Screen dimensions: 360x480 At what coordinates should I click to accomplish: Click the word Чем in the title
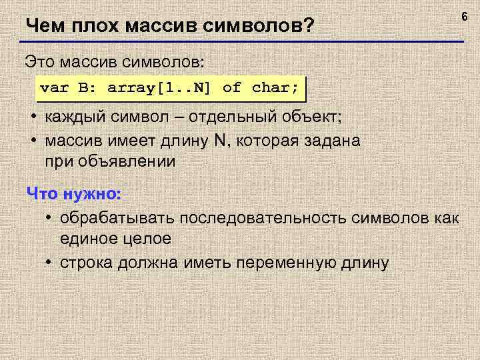click(x=43, y=27)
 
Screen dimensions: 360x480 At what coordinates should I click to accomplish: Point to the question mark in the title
click(x=308, y=27)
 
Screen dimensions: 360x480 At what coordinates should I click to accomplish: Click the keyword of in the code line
click(x=231, y=87)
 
